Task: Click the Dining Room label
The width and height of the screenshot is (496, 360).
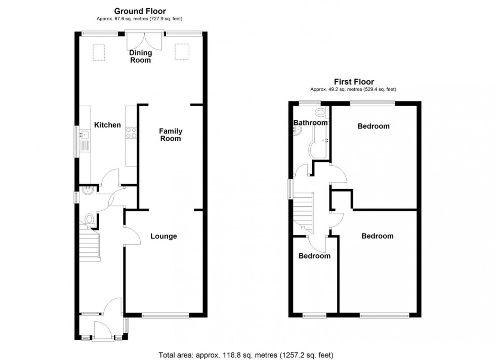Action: click(140, 56)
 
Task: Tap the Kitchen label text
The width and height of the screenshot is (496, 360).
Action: click(107, 125)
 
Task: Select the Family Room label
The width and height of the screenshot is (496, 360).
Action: click(170, 134)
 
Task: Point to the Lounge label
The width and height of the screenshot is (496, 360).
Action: click(163, 236)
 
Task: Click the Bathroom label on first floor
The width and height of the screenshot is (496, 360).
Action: click(310, 123)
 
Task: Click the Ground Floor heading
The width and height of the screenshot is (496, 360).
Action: click(140, 11)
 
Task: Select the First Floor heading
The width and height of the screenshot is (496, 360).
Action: click(353, 81)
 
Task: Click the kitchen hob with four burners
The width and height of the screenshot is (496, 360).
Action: click(131, 132)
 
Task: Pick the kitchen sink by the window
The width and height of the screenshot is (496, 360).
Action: click(85, 136)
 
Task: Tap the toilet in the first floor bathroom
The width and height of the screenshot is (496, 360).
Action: click(320, 113)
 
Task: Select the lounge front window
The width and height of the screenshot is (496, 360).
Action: click(166, 316)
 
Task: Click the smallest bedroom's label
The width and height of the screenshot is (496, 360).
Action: click(314, 256)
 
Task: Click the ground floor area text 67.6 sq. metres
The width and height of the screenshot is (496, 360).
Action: click(140, 19)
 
